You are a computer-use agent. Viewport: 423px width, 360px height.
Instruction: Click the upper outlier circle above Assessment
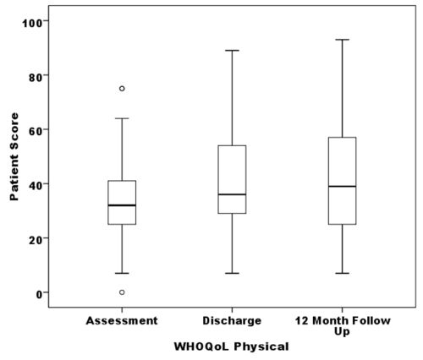(x=122, y=89)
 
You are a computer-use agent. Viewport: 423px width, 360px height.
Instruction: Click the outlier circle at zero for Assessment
(x=122, y=292)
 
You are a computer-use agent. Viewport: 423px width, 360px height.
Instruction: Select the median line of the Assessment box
(x=122, y=205)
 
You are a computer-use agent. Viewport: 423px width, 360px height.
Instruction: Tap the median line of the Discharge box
(x=232, y=194)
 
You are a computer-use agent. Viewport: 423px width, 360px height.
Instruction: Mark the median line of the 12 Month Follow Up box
(x=342, y=186)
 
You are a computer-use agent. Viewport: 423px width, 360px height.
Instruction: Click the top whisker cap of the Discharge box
(x=232, y=51)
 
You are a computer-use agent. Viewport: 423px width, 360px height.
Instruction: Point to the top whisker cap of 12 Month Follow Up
(x=342, y=40)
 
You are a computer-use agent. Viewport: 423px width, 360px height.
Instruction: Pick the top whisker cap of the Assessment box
(x=122, y=118)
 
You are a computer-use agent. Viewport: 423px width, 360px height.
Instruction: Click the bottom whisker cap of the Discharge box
(x=232, y=273)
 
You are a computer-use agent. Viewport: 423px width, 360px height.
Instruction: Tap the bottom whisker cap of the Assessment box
(x=122, y=273)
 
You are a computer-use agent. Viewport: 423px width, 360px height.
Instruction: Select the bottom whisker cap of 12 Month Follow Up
(x=342, y=273)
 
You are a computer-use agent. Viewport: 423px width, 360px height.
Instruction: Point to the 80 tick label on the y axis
(x=38, y=75)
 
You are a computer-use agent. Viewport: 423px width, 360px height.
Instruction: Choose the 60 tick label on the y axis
(x=38, y=129)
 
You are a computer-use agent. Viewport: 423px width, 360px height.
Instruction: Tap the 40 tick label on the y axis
(x=38, y=184)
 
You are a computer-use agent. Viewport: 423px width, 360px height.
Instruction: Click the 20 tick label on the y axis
(x=38, y=238)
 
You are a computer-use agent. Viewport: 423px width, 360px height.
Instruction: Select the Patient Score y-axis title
(x=14, y=157)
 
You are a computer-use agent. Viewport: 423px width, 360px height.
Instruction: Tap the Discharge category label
(x=232, y=321)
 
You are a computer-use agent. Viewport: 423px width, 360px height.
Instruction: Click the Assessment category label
(x=122, y=321)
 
